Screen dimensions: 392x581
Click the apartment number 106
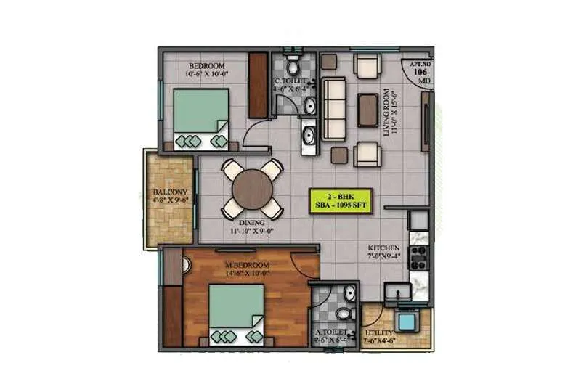tap(420, 72)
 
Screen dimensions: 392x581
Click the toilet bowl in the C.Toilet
tap(293, 60)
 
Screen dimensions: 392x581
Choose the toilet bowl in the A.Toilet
tap(348, 294)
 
